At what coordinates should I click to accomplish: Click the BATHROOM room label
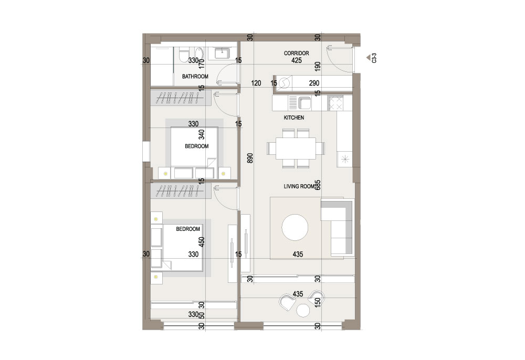(x=195, y=76)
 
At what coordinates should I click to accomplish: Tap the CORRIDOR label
(x=296, y=53)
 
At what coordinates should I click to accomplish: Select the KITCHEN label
(x=294, y=118)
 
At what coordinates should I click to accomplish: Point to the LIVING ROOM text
(x=299, y=186)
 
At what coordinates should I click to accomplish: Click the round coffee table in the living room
(x=295, y=228)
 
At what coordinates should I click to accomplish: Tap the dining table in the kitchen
(x=296, y=148)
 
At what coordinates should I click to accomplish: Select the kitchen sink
(x=304, y=103)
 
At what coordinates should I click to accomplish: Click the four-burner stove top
(x=335, y=103)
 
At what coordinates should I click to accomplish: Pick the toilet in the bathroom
(x=184, y=55)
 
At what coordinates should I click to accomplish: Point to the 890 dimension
(x=250, y=158)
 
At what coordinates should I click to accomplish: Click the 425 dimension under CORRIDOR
(x=296, y=60)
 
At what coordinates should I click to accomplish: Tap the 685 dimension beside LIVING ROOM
(x=318, y=185)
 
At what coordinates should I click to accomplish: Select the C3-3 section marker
(x=372, y=58)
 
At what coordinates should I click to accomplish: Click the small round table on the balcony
(x=303, y=311)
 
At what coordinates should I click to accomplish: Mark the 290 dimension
(x=314, y=83)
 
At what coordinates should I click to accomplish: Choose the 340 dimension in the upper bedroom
(x=202, y=134)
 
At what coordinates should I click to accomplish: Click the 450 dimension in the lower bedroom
(x=202, y=242)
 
